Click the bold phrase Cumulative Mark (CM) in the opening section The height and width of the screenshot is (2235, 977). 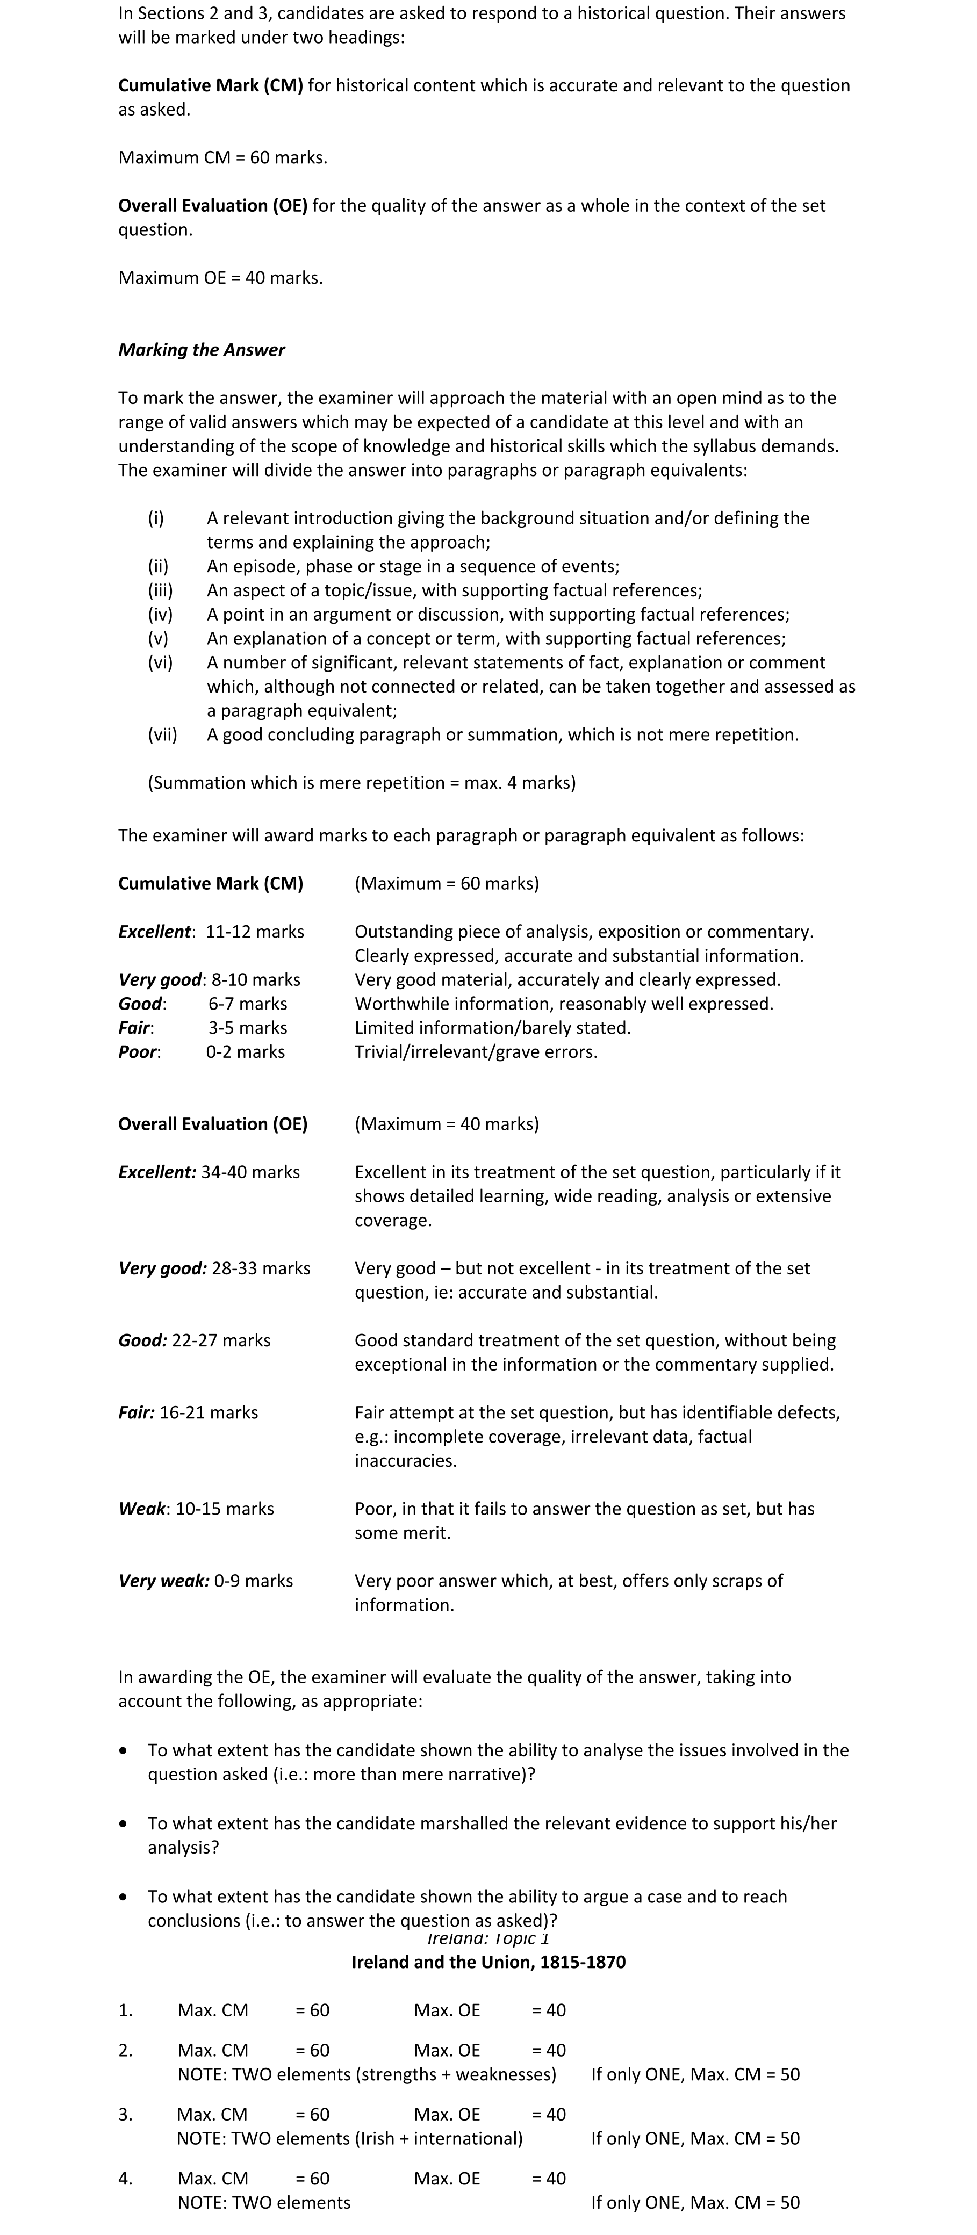(210, 85)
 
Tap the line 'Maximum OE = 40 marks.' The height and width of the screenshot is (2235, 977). (220, 278)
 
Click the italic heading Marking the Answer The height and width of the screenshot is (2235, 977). (202, 350)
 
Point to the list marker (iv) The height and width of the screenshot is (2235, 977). (160, 614)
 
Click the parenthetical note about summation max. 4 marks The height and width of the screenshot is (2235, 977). (361, 783)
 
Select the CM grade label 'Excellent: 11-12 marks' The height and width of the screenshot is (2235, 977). (211, 931)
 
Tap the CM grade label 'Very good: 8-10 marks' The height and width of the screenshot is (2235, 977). (209, 979)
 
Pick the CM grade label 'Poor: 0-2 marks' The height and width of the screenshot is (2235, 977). (202, 1051)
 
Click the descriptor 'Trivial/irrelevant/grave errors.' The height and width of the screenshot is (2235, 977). (476, 1051)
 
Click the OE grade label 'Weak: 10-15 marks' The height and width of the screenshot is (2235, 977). (196, 1508)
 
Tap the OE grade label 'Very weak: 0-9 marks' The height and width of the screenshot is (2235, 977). (206, 1580)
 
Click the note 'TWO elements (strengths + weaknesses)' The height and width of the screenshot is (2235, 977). (366, 2074)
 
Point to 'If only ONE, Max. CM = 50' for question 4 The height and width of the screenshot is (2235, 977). (695, 2202)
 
